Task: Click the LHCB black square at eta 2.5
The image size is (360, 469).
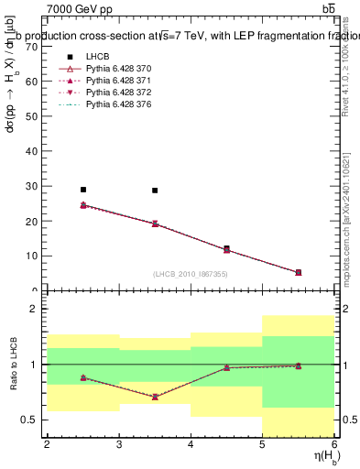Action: [x=83, y=190]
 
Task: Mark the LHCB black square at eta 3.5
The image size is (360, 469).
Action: [x=155, y=191]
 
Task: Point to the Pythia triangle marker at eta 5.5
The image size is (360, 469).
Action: [x=299, y=272]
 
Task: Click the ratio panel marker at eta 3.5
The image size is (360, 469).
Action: [x=155, y=397]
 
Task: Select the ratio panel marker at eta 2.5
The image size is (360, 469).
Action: [x=83, y=377]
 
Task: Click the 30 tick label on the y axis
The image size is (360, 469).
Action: [x=34, y=186]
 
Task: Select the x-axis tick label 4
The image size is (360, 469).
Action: [x=191, y=444]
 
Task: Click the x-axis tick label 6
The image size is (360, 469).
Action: [x=333, y=444]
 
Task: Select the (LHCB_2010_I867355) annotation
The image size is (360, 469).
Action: [x=191, y=274]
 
